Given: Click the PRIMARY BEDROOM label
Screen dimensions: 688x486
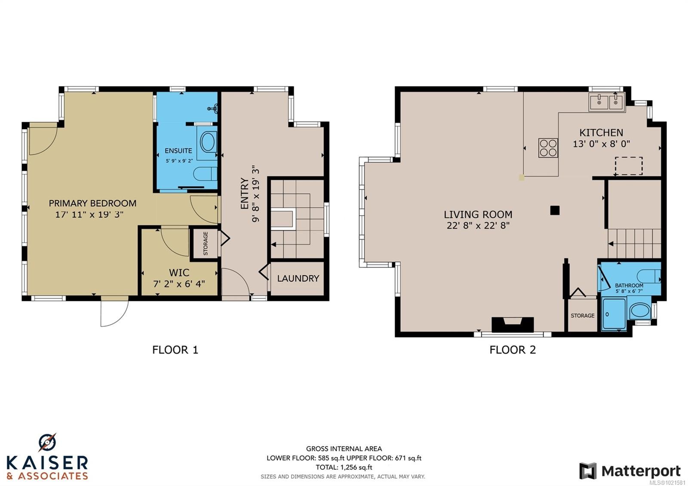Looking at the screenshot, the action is click(92, 203).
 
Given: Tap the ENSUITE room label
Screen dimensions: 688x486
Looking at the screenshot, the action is click(178, 151).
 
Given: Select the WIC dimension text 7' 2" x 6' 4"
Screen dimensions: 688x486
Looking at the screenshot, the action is click(179, 283).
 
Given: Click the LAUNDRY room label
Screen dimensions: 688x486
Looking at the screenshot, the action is click(298, 278).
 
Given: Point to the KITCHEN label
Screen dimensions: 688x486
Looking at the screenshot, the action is click(601, 133).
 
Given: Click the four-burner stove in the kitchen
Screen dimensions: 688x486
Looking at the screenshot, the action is click(548, 148).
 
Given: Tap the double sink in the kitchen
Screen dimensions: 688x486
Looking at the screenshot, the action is click(607, 102).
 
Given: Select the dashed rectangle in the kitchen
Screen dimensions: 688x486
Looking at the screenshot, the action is click(629, 166).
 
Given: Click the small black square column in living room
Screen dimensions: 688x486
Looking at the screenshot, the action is click(555, 210).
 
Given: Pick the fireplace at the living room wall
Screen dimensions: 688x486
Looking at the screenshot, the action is click(513, 325).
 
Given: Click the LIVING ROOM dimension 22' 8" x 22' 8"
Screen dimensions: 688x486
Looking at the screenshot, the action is click(478, 225).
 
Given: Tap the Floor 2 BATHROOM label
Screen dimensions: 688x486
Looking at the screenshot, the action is click(629, 286).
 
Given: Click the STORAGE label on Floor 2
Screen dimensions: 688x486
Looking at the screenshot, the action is click(583, 316).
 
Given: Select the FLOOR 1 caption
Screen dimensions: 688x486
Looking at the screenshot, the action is click(175, 350).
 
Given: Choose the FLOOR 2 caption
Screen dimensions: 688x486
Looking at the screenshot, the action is click(513, 350).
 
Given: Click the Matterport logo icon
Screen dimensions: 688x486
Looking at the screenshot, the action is click(588, 471).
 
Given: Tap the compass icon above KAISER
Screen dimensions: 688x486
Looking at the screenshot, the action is click(47, 443).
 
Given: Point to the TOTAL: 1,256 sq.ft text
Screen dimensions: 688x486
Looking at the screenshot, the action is click(344, 467).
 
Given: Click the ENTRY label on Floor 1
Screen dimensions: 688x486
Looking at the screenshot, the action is click(245, 193).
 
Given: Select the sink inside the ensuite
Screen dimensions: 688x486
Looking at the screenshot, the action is click(213, 108).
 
